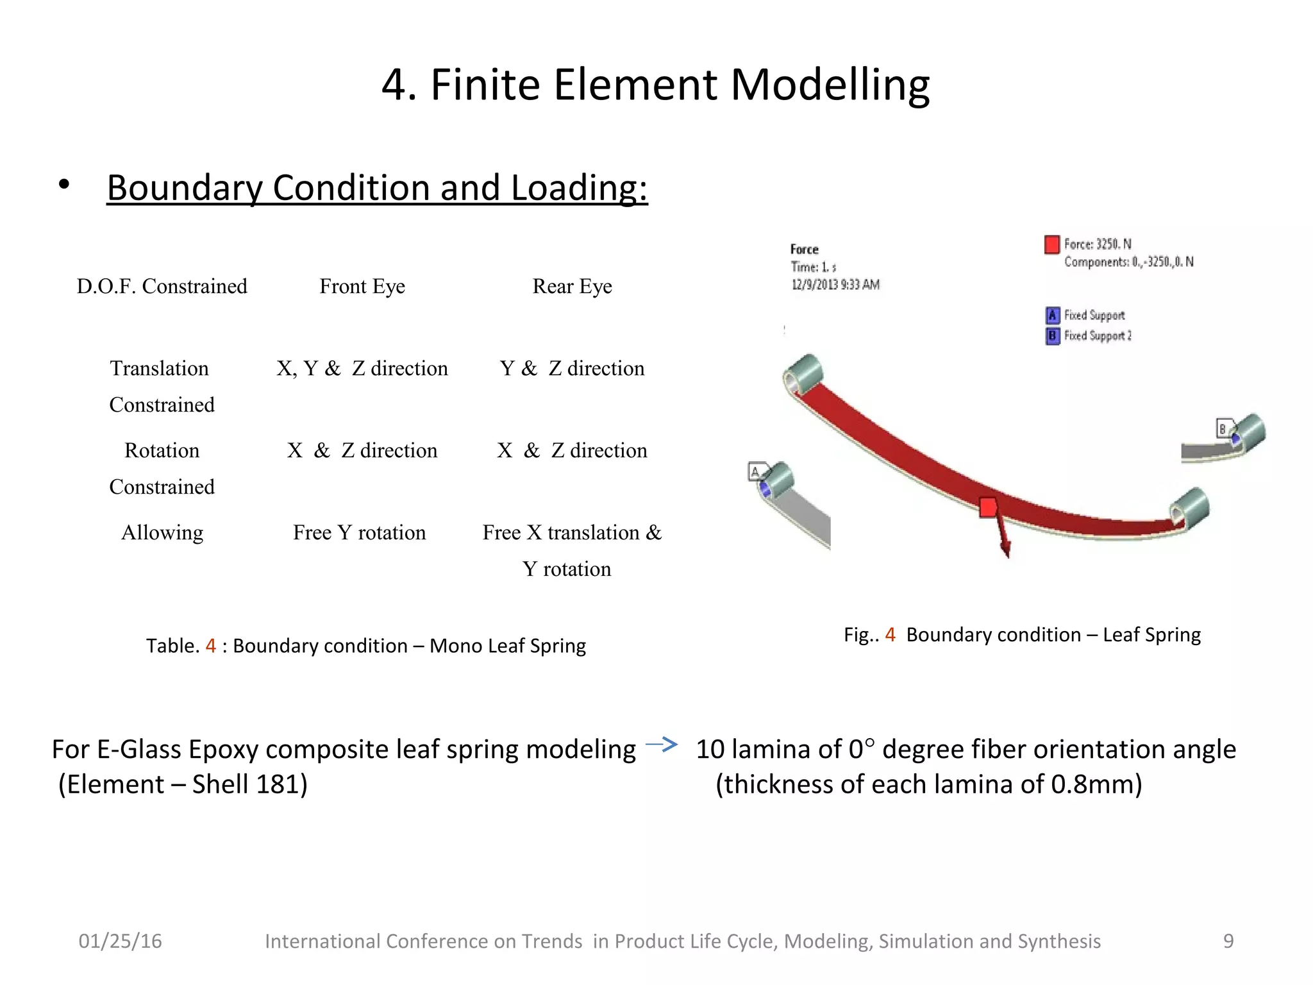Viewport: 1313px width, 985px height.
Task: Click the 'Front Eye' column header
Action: point(362,286)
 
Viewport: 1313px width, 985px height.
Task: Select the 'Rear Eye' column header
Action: point(572,286)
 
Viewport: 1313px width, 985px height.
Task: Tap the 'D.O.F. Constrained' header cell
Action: point(162,286)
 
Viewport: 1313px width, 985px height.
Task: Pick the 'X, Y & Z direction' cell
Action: point(362,369)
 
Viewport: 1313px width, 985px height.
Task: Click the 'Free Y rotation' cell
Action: point(359,533)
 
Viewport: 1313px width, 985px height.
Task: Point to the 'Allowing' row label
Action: point(162,533)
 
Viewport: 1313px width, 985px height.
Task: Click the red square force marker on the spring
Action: point(988,507)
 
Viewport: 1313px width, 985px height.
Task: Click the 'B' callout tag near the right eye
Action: point(1223,428)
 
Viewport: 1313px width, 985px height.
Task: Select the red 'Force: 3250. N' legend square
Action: point(1051,244)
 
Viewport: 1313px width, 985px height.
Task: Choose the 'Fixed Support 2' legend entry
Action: point(1097,336)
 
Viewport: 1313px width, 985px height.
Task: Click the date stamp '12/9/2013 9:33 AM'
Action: point(835,285)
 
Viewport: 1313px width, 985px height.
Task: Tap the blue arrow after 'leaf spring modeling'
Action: point(662,745)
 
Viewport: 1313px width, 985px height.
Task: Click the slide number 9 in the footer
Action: point(1228,941)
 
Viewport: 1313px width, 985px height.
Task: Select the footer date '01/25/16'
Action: point(120,941)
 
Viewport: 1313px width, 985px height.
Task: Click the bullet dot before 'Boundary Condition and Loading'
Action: point(63,185)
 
